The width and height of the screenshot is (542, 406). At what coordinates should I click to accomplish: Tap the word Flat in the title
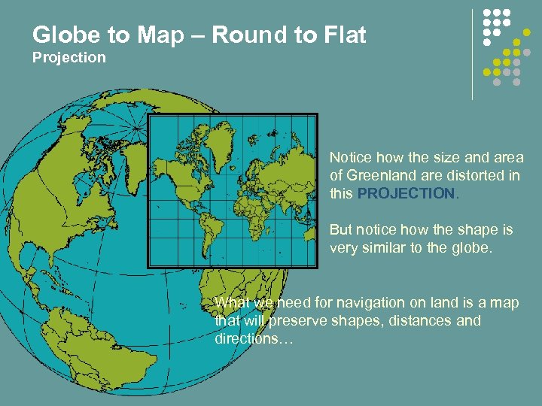tap(342, 35)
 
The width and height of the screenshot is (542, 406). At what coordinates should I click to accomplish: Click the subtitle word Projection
tap(69, 58)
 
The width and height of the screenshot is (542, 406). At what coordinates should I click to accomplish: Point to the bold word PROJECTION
tap(406, 193)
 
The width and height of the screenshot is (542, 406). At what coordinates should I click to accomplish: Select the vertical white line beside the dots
tap(473, 54)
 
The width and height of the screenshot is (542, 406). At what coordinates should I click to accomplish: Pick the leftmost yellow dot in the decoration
tap(487, 72)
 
